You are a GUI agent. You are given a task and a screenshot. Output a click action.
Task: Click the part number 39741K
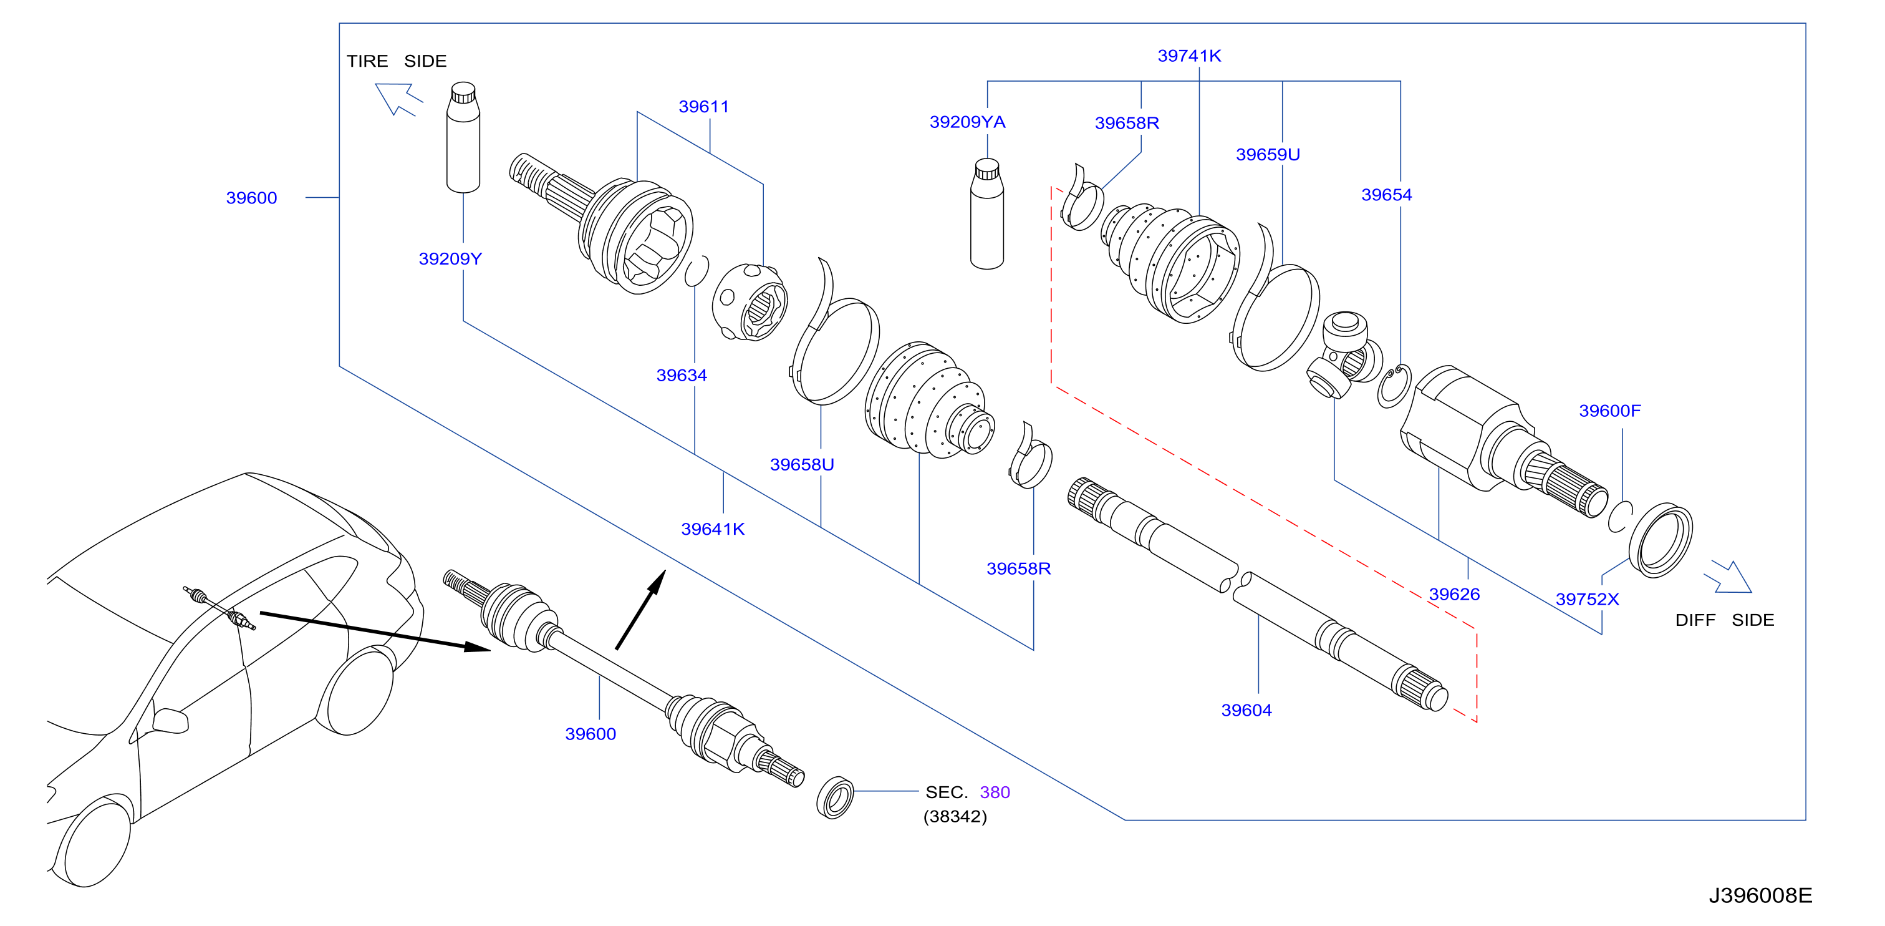[x=1189, y=56]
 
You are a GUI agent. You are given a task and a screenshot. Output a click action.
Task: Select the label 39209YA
[x=967, y=122]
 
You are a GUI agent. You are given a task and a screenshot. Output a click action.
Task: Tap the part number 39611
[x=704, y=107]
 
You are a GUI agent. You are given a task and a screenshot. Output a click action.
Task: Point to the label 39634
[x=682, y=376]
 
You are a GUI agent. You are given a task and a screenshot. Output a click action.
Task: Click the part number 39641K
[x=713, y=529]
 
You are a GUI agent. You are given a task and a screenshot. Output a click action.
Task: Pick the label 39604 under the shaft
[x=1246, y=710]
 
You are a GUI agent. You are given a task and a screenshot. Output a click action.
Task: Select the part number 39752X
[x=1587, y=600]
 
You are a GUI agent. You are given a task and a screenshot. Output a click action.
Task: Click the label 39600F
[x=1610, y=411]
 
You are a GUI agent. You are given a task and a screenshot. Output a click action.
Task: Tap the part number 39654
[x=1387, y=195]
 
